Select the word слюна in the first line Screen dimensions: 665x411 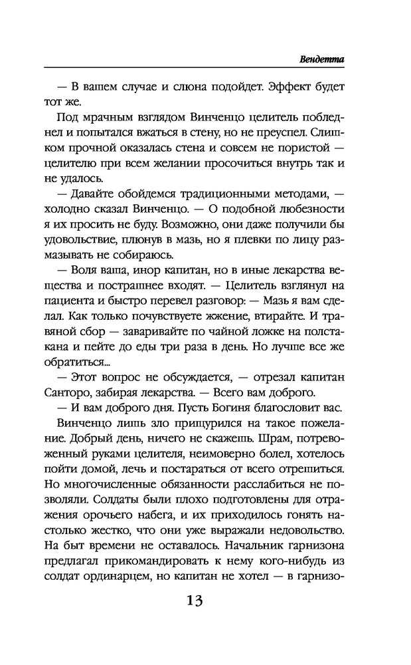click(175, 88)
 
